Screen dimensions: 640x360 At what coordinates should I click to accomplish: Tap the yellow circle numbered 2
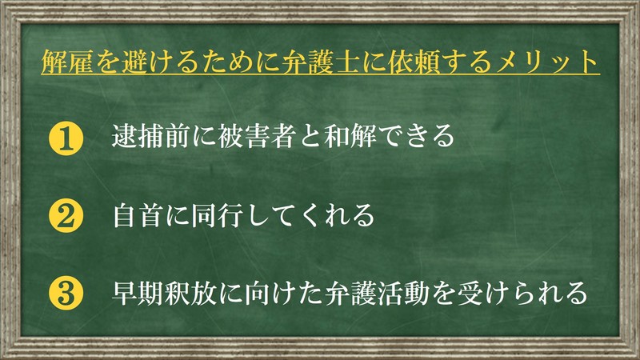click(x=66, y=216)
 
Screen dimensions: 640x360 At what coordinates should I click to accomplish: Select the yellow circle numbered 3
click(x=66, y=293)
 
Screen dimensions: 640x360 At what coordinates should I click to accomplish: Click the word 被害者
click(x=256, y=136)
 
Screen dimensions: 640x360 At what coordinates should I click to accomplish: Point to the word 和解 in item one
click(x=350, y=136)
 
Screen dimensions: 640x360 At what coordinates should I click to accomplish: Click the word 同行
click(x=217, y=215)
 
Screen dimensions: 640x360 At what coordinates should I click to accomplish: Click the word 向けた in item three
click(x=283, y=293)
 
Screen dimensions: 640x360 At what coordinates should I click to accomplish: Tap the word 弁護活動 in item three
click(x=377, y=293)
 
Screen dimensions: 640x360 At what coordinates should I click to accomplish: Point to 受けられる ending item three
click(x=522, y=293)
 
